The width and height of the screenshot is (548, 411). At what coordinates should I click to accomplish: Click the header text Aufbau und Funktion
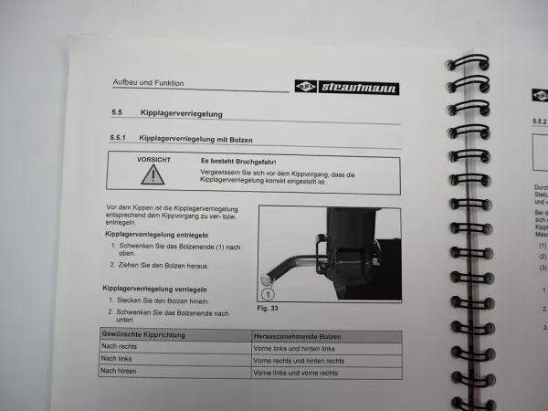coord(147,83)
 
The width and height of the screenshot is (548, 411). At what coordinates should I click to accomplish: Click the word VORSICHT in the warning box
coord(153,160)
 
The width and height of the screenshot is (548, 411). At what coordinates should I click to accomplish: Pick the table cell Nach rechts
coord(120,348)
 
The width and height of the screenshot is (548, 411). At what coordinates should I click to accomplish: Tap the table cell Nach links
coord(118,359)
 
